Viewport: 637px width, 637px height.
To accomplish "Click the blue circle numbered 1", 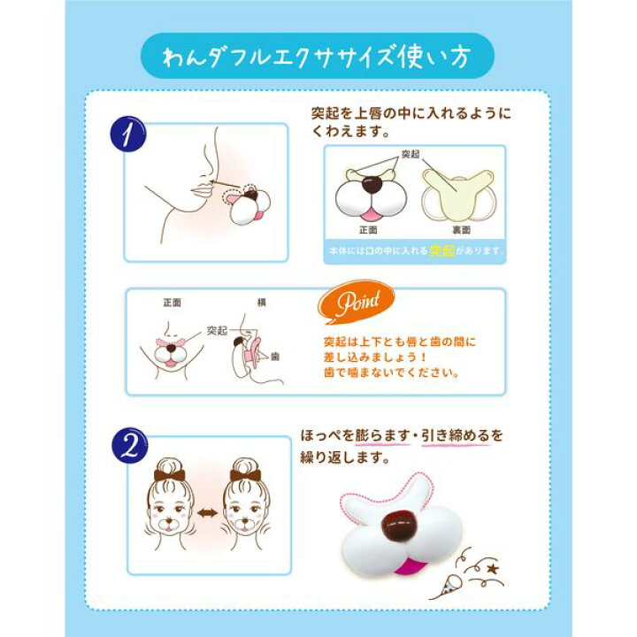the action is pyautogui.click(x=128, y=134).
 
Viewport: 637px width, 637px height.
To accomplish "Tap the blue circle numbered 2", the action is pyautogui.click(x=129, y=446).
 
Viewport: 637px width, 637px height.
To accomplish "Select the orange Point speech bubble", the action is pyautogui.click(x=357, y=302).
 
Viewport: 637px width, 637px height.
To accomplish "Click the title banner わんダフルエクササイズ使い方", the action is pyautogui.click(x=318, y=56).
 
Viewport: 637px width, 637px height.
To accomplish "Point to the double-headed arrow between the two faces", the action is pyautogui.click(x=208, y=512).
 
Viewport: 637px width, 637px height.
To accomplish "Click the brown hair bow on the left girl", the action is pyautogui.click(x=169, y=475).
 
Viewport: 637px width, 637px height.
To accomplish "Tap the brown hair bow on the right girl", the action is pyautogui.click(x=245, y=475).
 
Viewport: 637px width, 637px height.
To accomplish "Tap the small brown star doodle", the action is pyautogui.click(x=493, y=568).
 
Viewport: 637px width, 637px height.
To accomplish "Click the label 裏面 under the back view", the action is pyautogui.click(x=462, y=230).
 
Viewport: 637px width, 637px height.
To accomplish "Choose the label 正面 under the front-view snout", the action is pyautogui.click(x=368, y=230).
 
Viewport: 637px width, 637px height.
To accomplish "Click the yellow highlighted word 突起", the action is pyautogui.click(x=442, y=250).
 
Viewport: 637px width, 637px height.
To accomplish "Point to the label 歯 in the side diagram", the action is pyautogui.click(x=275, y=357).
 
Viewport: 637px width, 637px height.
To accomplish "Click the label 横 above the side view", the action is pyautogui.click(x=262, y=303).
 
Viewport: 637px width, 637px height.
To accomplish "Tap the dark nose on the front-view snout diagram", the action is pyautogui.click(x=372, y=185).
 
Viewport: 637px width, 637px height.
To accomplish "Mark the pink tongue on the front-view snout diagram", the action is pyautogui.click(x=370, y=214).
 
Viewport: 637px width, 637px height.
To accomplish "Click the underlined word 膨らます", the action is pyautogui.click(x=382, y=435).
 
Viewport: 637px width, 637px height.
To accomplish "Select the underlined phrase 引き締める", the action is pyautogui.click(x=456, y=435).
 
